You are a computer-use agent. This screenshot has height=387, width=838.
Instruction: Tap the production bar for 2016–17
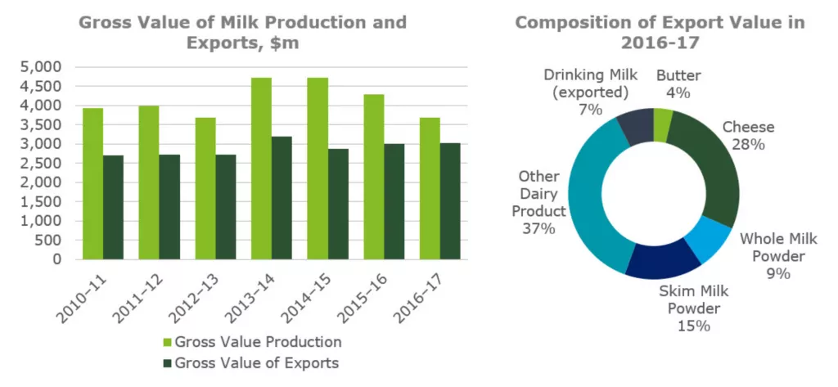[430, 188]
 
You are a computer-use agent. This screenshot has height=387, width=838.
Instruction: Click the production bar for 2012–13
[205, 188]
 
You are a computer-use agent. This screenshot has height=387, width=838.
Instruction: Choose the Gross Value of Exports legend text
[257, 362]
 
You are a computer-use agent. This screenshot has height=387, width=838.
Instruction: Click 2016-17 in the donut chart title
[660, 43]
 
